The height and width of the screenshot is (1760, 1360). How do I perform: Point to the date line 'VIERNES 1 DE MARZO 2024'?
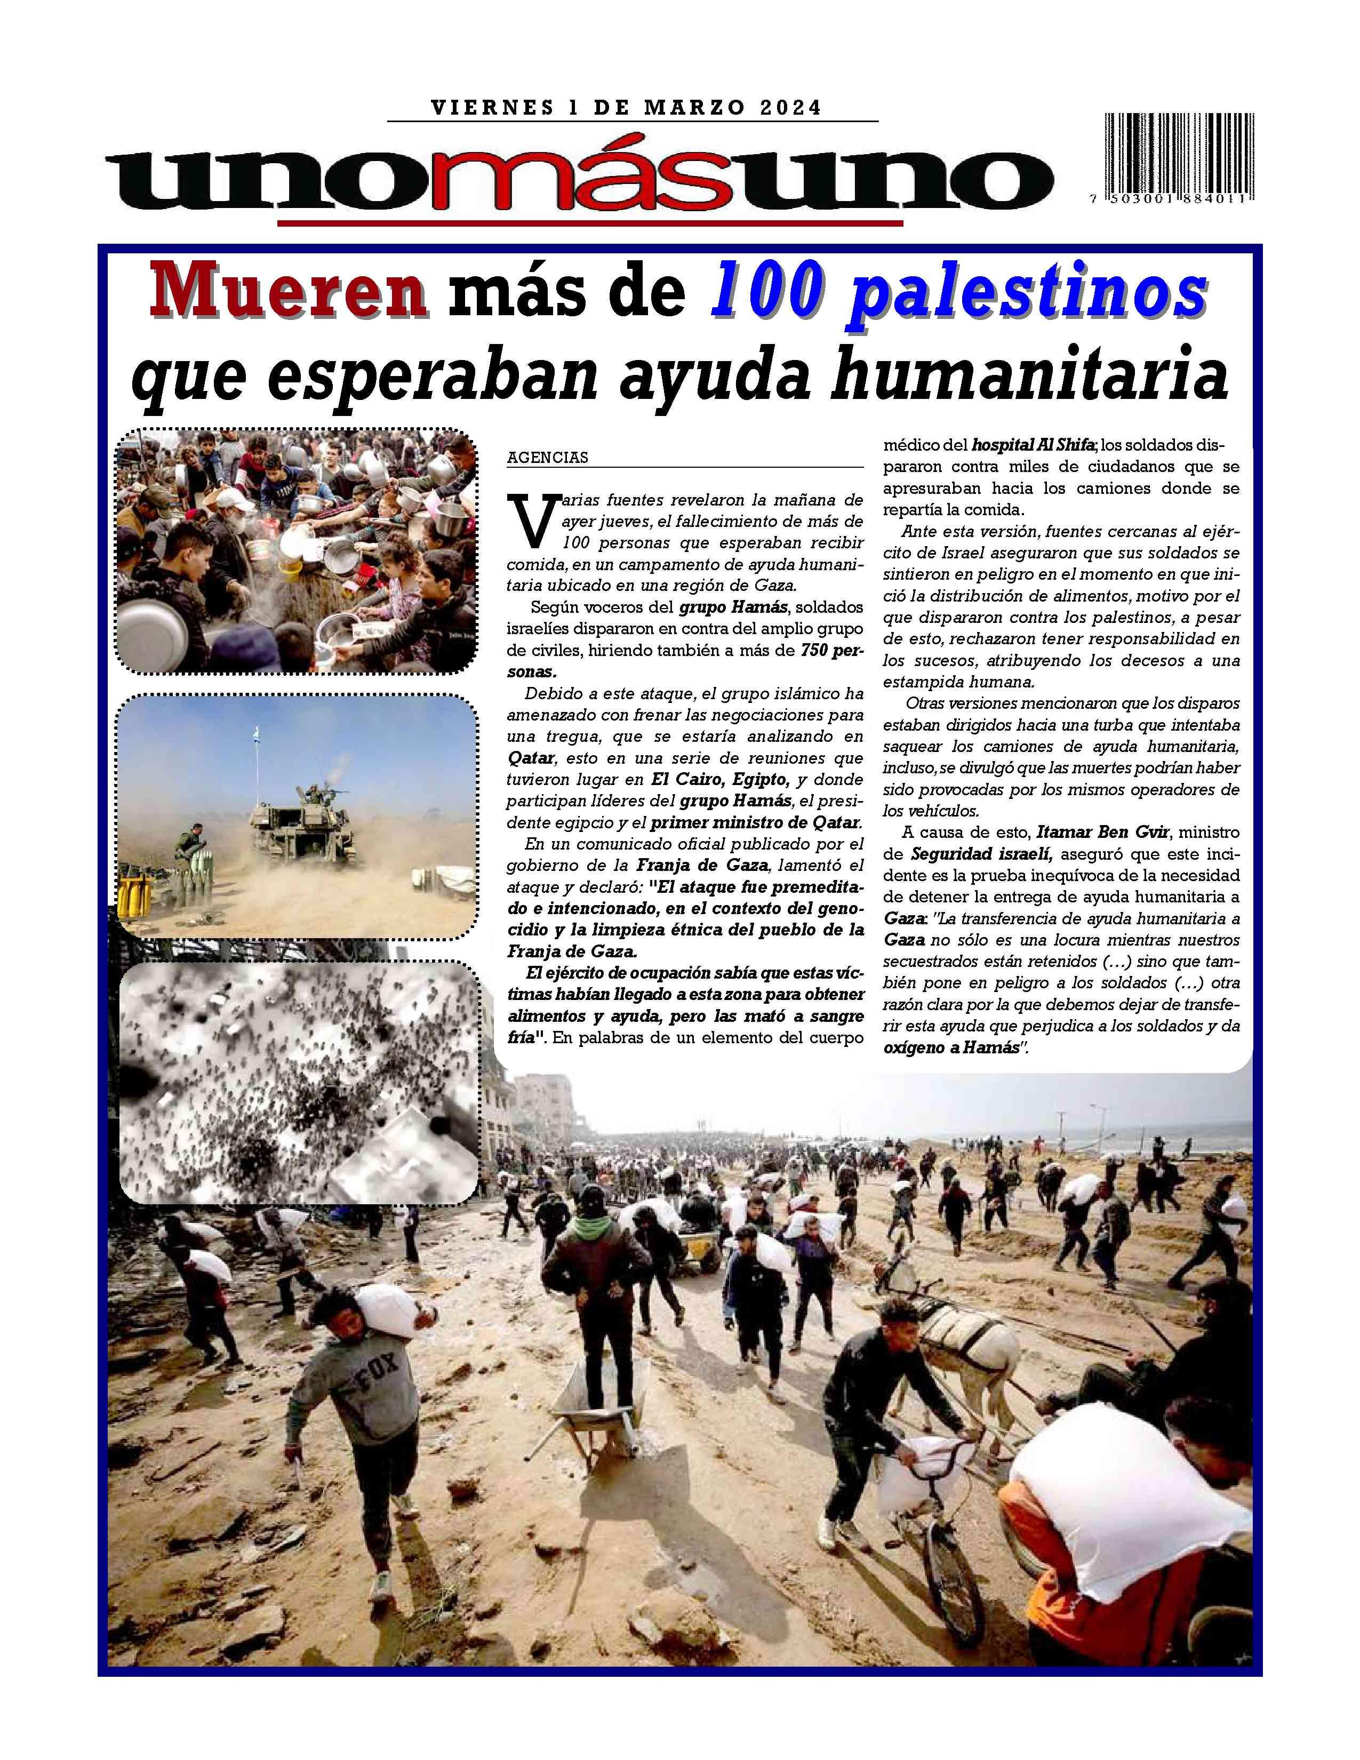[x=626, y=107]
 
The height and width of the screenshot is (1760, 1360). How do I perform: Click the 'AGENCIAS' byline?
[x=547, y=458]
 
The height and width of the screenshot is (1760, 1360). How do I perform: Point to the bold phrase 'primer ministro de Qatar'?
[x=756, y=823]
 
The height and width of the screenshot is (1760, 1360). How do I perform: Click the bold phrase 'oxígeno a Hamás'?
[x=951, y=1049]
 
